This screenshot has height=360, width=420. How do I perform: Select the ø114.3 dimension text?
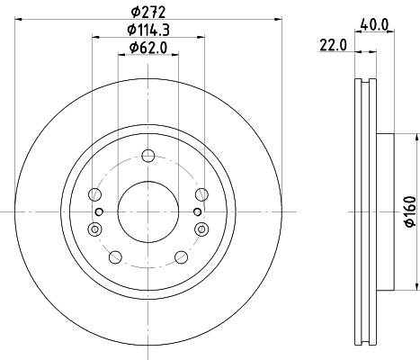148,30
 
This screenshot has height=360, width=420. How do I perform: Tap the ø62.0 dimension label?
148,47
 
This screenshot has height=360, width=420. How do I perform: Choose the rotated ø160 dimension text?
408,211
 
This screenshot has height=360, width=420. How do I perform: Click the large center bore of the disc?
147,211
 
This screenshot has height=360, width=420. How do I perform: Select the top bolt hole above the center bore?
147,157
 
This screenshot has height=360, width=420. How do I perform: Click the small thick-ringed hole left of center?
99,211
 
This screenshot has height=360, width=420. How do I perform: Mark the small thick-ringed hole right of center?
197,211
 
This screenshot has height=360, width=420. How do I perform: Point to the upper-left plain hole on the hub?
95,193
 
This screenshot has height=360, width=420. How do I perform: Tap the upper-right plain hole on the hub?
201,193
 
